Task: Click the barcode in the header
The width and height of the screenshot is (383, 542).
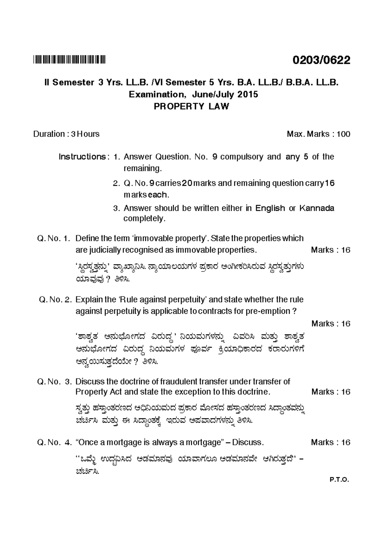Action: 69,59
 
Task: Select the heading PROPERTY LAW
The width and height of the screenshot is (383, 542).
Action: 191,107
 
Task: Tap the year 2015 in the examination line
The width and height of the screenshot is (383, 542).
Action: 247,94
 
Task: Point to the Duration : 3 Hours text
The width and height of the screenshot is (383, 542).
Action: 66,134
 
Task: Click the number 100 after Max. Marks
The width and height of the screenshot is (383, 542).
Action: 343,134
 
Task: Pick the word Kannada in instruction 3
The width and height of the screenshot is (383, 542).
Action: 317,208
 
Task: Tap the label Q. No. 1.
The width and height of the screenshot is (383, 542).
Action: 53,238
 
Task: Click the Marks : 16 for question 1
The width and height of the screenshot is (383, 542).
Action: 331,250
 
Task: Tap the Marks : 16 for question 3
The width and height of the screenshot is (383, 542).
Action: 331,392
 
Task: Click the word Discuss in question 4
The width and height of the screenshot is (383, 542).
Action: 248,442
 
